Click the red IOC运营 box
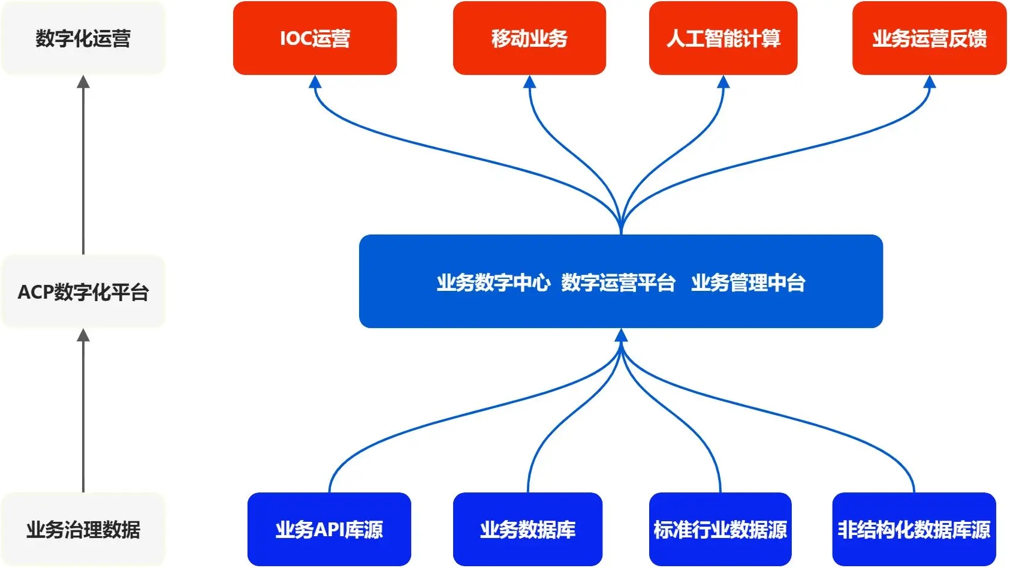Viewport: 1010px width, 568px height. tap(315, 38)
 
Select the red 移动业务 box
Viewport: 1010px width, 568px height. tap(529, 38)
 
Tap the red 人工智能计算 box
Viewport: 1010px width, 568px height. tap(723, 38)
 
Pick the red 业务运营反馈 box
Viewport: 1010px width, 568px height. tap(929, 38)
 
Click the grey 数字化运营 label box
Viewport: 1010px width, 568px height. tap(83, 38)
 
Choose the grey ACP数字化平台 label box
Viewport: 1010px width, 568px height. tap(83, 291)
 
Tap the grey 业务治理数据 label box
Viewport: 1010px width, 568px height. tap(83, 529)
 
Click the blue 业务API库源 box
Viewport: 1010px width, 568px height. tap(329, 529)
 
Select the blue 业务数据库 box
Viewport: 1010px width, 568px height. tap(527, 529)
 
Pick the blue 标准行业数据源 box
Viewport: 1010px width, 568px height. tap(720, 529)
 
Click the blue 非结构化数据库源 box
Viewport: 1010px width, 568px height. tap(913, 529)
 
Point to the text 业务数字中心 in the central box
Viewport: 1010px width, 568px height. tap(493, 282)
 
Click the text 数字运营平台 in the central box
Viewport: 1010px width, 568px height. tap(618, 282)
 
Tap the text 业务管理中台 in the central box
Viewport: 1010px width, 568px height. tap(748, 282)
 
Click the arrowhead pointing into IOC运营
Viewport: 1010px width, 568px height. tap(315, 82)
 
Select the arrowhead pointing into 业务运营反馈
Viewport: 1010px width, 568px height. tap(929, 82)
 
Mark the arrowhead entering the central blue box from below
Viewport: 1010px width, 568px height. tap(621, 335)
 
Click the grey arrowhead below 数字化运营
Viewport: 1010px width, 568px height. tap(83, 82)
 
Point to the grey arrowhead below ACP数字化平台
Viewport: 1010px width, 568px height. tap(83, 335)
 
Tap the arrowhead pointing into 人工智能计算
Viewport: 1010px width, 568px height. tap(723, 82)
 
